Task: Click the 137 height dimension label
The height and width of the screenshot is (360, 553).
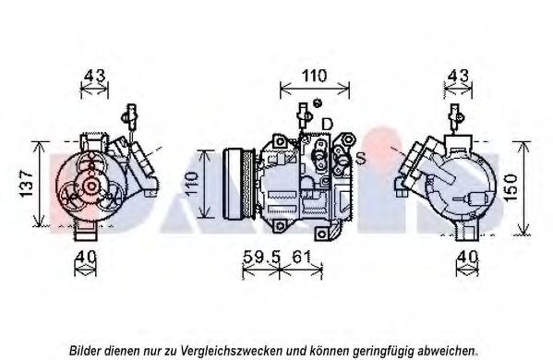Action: click(27, 184)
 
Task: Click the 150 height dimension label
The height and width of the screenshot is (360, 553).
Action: click(511, 187)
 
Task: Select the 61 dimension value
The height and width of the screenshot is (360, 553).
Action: click(301, 257)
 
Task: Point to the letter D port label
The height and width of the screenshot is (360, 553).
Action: click(327, 124)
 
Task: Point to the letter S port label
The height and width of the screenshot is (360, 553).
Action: click(360, 159)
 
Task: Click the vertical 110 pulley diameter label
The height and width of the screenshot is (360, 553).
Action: click(191, 184)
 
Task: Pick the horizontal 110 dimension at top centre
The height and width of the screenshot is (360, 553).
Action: click(314, 76)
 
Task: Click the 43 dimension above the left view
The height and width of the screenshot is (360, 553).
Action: click(94, 76)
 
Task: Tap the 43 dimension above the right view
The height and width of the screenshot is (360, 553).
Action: click(458, 76)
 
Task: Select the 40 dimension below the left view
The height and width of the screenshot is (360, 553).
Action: click(85, 257)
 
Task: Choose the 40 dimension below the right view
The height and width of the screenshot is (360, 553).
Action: click(467, 257)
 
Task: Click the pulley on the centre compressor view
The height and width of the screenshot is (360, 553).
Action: click(239, 184)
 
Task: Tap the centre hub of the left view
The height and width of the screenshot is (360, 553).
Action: click(91, 186)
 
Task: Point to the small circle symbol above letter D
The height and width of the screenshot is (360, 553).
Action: click(318, 103)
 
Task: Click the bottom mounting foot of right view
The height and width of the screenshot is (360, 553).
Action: click(467, 233)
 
